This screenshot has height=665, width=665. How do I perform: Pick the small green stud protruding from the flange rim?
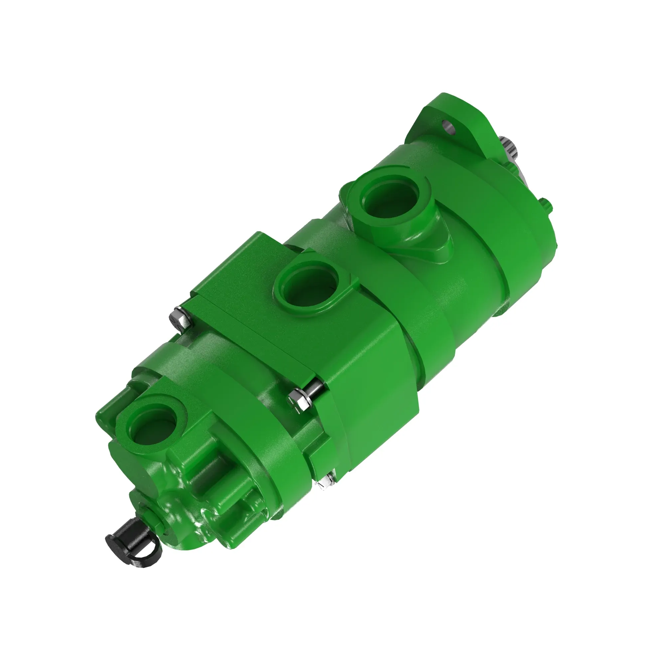(x=547, y=205)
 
